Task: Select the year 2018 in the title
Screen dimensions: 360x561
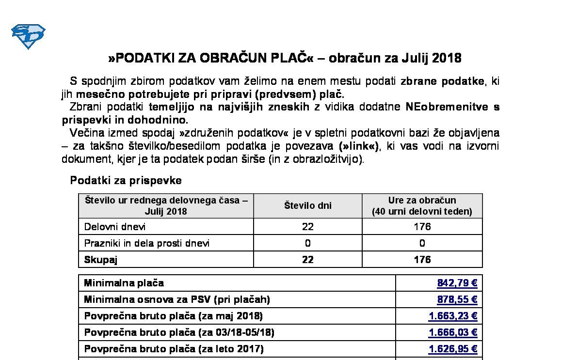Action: (446, 59)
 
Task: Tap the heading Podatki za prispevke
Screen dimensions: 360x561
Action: (126, 181)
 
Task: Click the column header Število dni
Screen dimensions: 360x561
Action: (308, 206)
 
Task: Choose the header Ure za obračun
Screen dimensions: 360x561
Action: (422, 201)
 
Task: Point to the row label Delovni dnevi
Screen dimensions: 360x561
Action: (115, 227)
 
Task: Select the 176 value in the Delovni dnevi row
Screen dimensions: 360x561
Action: (422, 227)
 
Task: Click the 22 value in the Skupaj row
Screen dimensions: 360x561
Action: (308, 260)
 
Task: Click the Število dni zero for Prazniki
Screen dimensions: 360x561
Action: (308, 243)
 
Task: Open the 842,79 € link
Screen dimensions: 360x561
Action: (457, 283)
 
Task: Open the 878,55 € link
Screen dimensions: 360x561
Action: (457, 300)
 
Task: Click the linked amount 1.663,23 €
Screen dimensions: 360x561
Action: (453, 316)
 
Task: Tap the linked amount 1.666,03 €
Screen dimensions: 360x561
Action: (453, 333)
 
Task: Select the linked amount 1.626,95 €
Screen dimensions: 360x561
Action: (453, 349)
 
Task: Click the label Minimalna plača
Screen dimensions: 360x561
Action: (124, 283)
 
